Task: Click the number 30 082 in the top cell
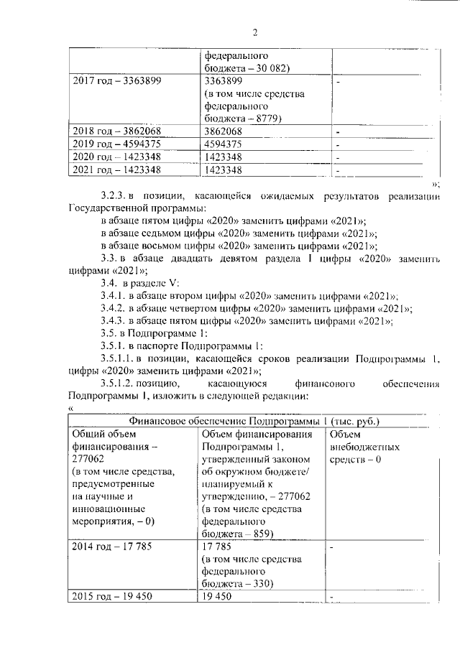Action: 262,67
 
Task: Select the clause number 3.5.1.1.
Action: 119,359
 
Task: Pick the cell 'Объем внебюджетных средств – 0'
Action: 364,447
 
